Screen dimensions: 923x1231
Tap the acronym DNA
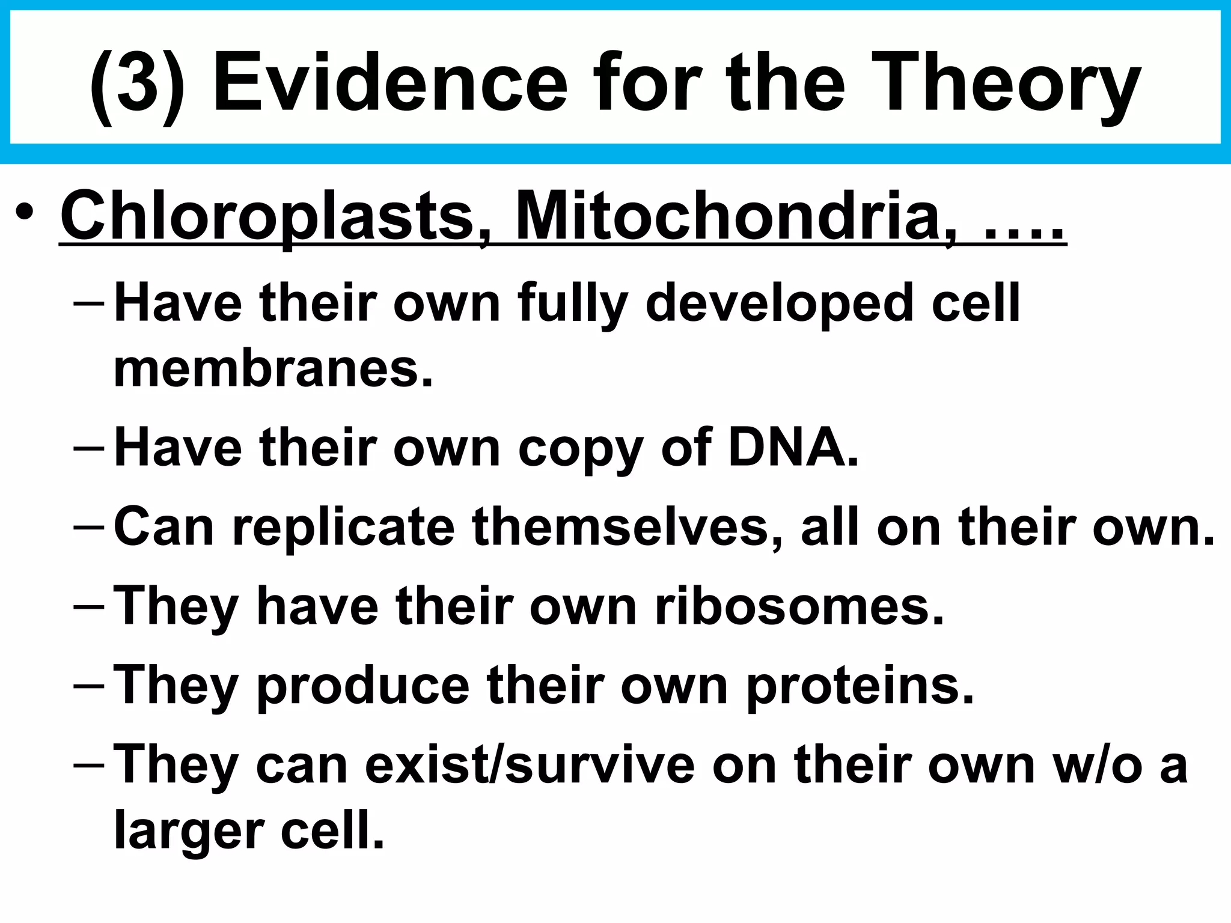click(793, 448)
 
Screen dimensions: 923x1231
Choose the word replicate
click(343, 528)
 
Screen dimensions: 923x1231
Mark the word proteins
click(860, 686)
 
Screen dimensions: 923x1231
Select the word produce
click(363, 686)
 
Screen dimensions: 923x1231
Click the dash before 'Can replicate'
click(88, 526)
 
